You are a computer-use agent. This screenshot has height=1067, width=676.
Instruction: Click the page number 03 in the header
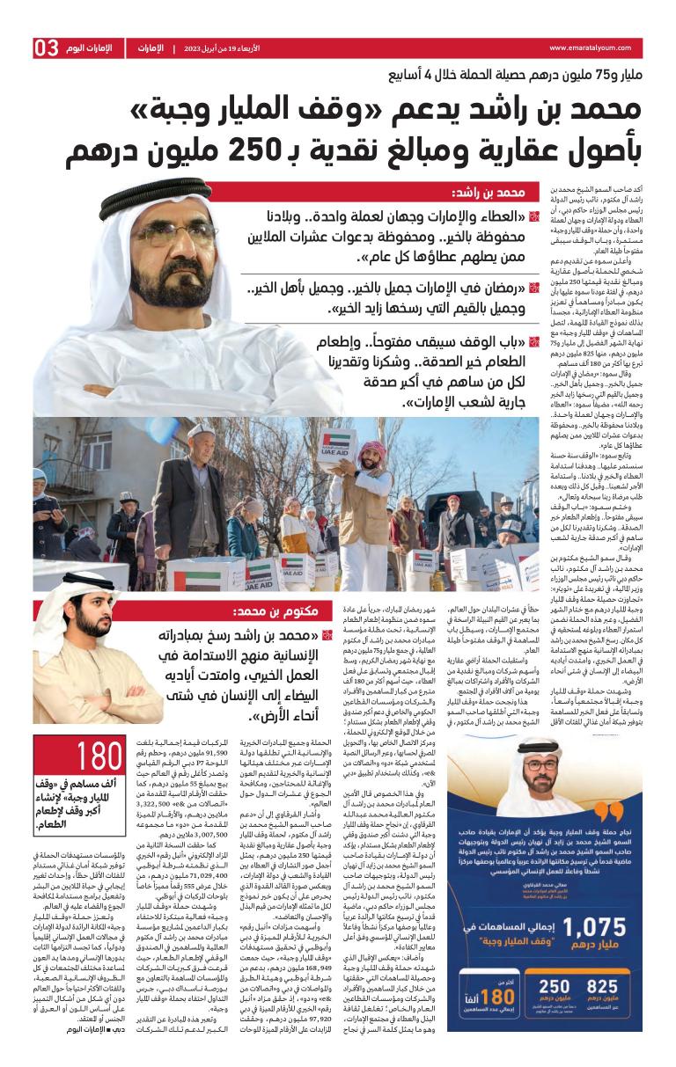click(46, 49)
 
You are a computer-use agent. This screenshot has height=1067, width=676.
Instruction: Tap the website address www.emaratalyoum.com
click(594, 48)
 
